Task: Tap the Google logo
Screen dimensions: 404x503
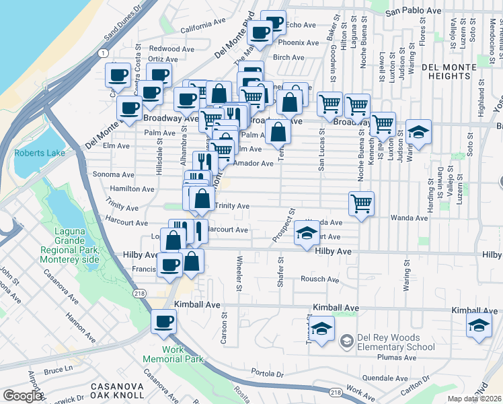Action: (23, 397)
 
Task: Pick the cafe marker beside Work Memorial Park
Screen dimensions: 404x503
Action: (163, 321)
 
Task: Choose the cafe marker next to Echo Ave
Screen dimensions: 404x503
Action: (274, 22)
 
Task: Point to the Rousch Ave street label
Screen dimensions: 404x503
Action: (319, 279)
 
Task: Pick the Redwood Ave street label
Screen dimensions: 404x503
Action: (164, 48)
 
